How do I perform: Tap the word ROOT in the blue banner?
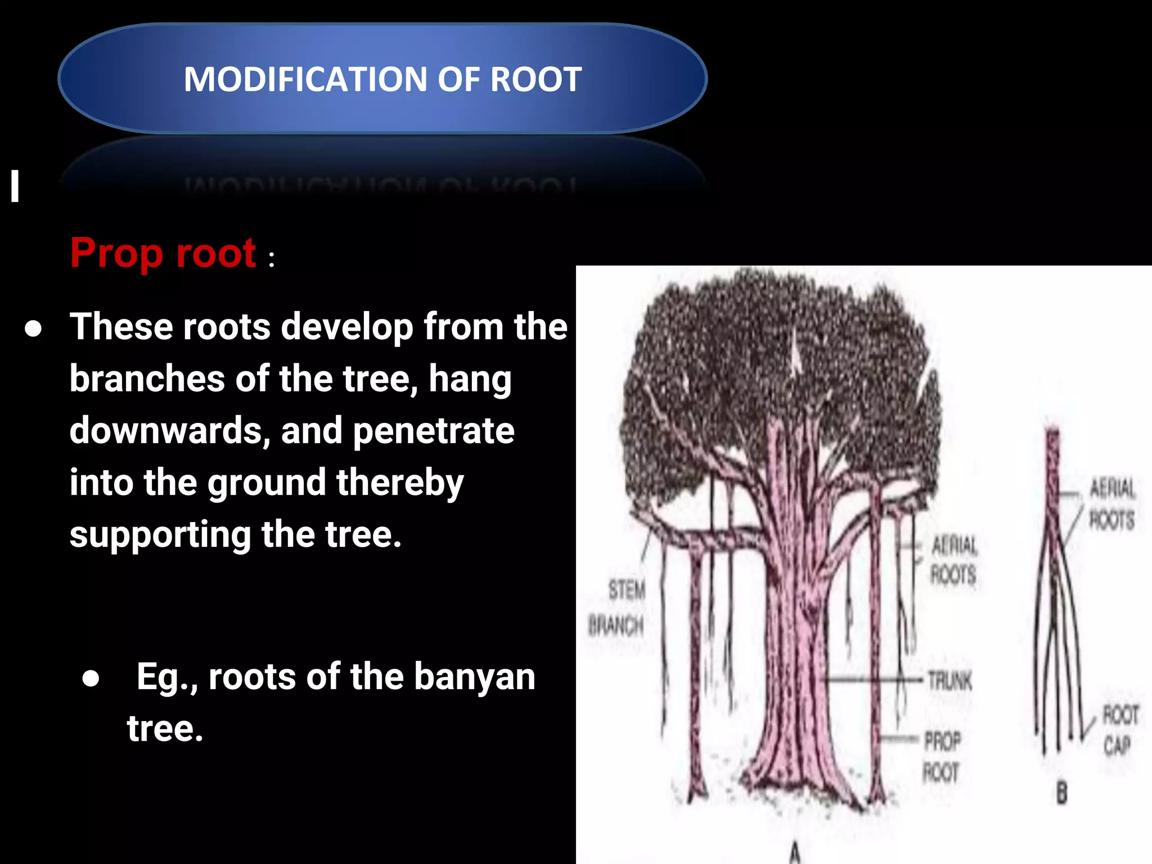click(535, 79)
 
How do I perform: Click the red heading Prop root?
click(163, 253)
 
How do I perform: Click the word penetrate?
click(433, 431)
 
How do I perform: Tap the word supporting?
click(160, 535)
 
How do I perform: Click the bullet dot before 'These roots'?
click(33, 329)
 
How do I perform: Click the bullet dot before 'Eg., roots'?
click(91, 678)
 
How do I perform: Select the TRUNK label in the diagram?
click(949, 681)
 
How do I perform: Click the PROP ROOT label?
click(942, 757)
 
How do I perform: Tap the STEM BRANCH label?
click(617, 607)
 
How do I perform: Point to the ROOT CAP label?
click(1119, 730)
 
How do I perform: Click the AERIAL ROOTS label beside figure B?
click(1112, 503)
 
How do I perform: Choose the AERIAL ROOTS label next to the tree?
click(954, 560)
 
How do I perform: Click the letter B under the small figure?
click(1061, 794)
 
